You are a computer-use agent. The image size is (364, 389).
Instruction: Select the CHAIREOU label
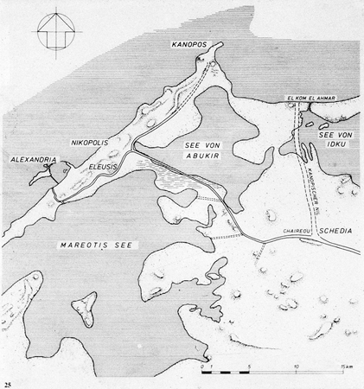click(297, 233)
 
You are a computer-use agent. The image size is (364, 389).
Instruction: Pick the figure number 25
click(9, 381)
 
